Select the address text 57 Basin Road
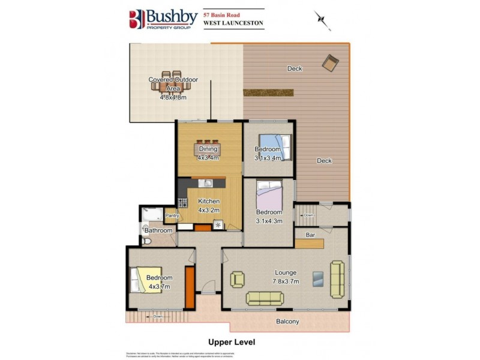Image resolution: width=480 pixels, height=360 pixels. [x=227, y=13]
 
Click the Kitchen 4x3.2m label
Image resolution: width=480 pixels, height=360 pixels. [x=209, y=205]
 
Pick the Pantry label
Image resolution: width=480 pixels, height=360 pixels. [x=172, y=215]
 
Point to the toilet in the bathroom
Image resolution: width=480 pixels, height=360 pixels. [x=147, y=241]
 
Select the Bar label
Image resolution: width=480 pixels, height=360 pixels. [x=311, y=235]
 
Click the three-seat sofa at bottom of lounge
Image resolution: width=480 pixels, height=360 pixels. [x=264, y=297]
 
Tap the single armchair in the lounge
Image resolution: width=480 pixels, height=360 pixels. [x=238, y=279]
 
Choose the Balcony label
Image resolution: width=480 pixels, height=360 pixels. [x=287, y=322]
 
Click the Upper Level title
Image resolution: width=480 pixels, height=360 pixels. [x=232, y=342]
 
